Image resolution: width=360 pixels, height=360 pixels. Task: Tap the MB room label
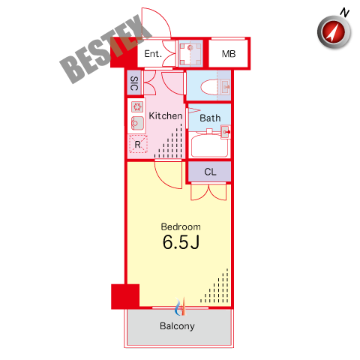[x=229, y=54]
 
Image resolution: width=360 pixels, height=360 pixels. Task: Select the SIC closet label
[x=134, y=83]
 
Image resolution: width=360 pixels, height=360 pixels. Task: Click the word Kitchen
[x=166, y=116]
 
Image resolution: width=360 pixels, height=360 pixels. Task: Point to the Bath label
[x=210, y=118]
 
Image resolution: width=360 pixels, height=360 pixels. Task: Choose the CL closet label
[x=210, y=172]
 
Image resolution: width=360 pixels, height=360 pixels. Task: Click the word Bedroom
[x=181, y=226]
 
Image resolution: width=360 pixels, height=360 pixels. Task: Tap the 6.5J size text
[x=181, y=242]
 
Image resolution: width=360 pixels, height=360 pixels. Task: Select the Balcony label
[x=177, y=326]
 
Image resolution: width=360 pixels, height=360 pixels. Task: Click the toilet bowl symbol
[x=209, y=87]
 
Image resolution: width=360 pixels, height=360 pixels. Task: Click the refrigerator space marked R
[x=138, y=144]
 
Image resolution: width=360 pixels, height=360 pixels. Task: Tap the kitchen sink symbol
[x=137, y=123]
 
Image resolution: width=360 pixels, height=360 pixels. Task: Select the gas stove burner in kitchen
[x=137, y=107]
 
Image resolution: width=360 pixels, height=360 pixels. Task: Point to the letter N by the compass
[x=345, y=12]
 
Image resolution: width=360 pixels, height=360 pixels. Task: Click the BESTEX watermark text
[x=106, y=49]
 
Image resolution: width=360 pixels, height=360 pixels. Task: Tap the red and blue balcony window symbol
[x=181, y=307]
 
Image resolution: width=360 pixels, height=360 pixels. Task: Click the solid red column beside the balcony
[x=125, y=296]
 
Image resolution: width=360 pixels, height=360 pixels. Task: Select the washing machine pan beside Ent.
[x=190, y=53]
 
